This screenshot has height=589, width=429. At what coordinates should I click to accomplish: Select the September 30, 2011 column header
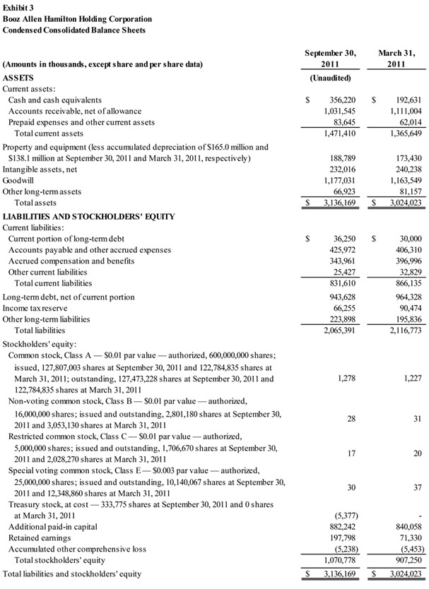(x=330, y=59)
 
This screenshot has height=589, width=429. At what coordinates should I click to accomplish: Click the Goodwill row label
(x=19, y=180)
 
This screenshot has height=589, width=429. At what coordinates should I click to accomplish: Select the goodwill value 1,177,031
(x=336, y=180)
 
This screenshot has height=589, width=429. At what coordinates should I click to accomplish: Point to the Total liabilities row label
(x=40, y=330)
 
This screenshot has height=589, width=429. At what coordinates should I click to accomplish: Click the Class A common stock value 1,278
(x=346, y=378)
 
